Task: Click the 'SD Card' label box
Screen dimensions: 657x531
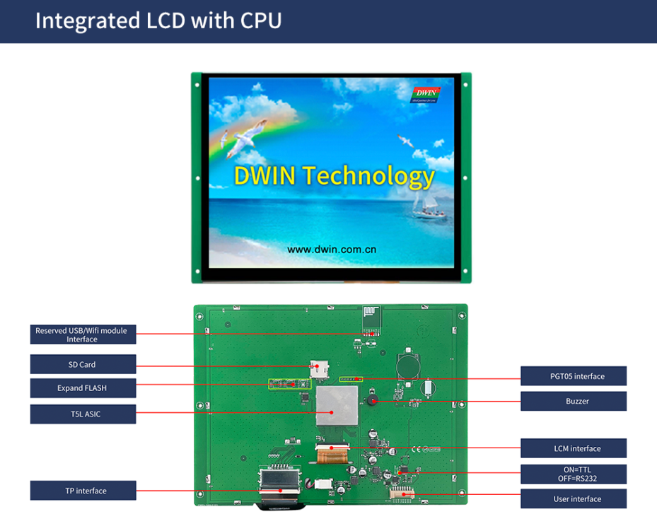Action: tap(83, 364)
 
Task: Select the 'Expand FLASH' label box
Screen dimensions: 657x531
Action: tap(83, 388)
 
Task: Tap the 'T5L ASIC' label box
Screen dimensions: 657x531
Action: tap(83, 414)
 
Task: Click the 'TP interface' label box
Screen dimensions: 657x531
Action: tap(83, 491)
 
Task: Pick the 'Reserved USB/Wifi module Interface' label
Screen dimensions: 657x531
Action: tap(83, 334)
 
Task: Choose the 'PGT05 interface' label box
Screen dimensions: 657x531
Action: tap(574, 376)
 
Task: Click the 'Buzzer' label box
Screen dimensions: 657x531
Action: tap(574, 401)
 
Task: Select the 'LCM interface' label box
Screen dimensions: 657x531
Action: tap(574, 448)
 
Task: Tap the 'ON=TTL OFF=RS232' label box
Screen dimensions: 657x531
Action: tap(574, 474)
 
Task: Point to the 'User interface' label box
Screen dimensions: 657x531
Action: tap(574, 498)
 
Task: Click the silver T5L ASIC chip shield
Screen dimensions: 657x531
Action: tap(337, 405)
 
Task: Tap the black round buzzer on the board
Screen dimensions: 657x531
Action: tap(372, 400)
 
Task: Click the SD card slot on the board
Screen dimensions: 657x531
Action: tap(319, 369)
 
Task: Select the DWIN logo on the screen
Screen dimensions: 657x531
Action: tap(426, 94)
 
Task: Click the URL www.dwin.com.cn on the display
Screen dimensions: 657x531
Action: tap(332, 250)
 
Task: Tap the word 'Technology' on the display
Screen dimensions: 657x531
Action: tap(368, 176)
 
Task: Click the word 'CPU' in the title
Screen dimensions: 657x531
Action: tap(261, 21)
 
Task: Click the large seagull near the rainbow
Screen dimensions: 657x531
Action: tap(247, 138)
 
